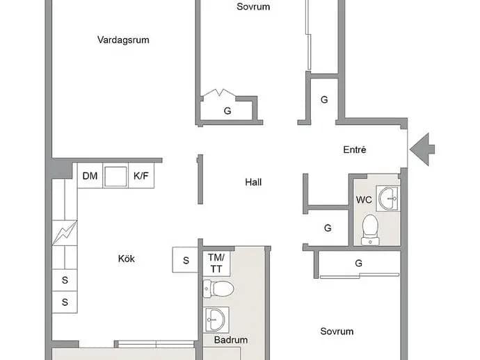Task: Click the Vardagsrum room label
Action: click(123, 40)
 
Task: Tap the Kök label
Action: click(127, 259)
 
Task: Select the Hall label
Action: click(253, 182)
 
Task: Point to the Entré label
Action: click(355, 149)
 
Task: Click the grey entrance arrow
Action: click(423, 149)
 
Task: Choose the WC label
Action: click(364, 200)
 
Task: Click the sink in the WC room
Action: click(388, 198)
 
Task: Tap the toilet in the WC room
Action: click(370, 230)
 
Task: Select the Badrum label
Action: click(231, 340)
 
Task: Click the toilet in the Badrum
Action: click(218, 288)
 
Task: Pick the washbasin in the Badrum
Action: click(216, 320)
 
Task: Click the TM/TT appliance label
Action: click(216, 263)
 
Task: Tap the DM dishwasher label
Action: click(90, 176)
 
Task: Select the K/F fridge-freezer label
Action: click(141, 176)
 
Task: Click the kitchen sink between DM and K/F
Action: click(115, 177)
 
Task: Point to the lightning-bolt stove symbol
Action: click(65, 233)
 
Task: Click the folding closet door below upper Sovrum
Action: click(219, 92)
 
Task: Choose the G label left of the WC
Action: click(328, 228)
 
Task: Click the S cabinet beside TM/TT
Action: click(186, 260)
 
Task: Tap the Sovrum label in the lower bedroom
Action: click(337, 332)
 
